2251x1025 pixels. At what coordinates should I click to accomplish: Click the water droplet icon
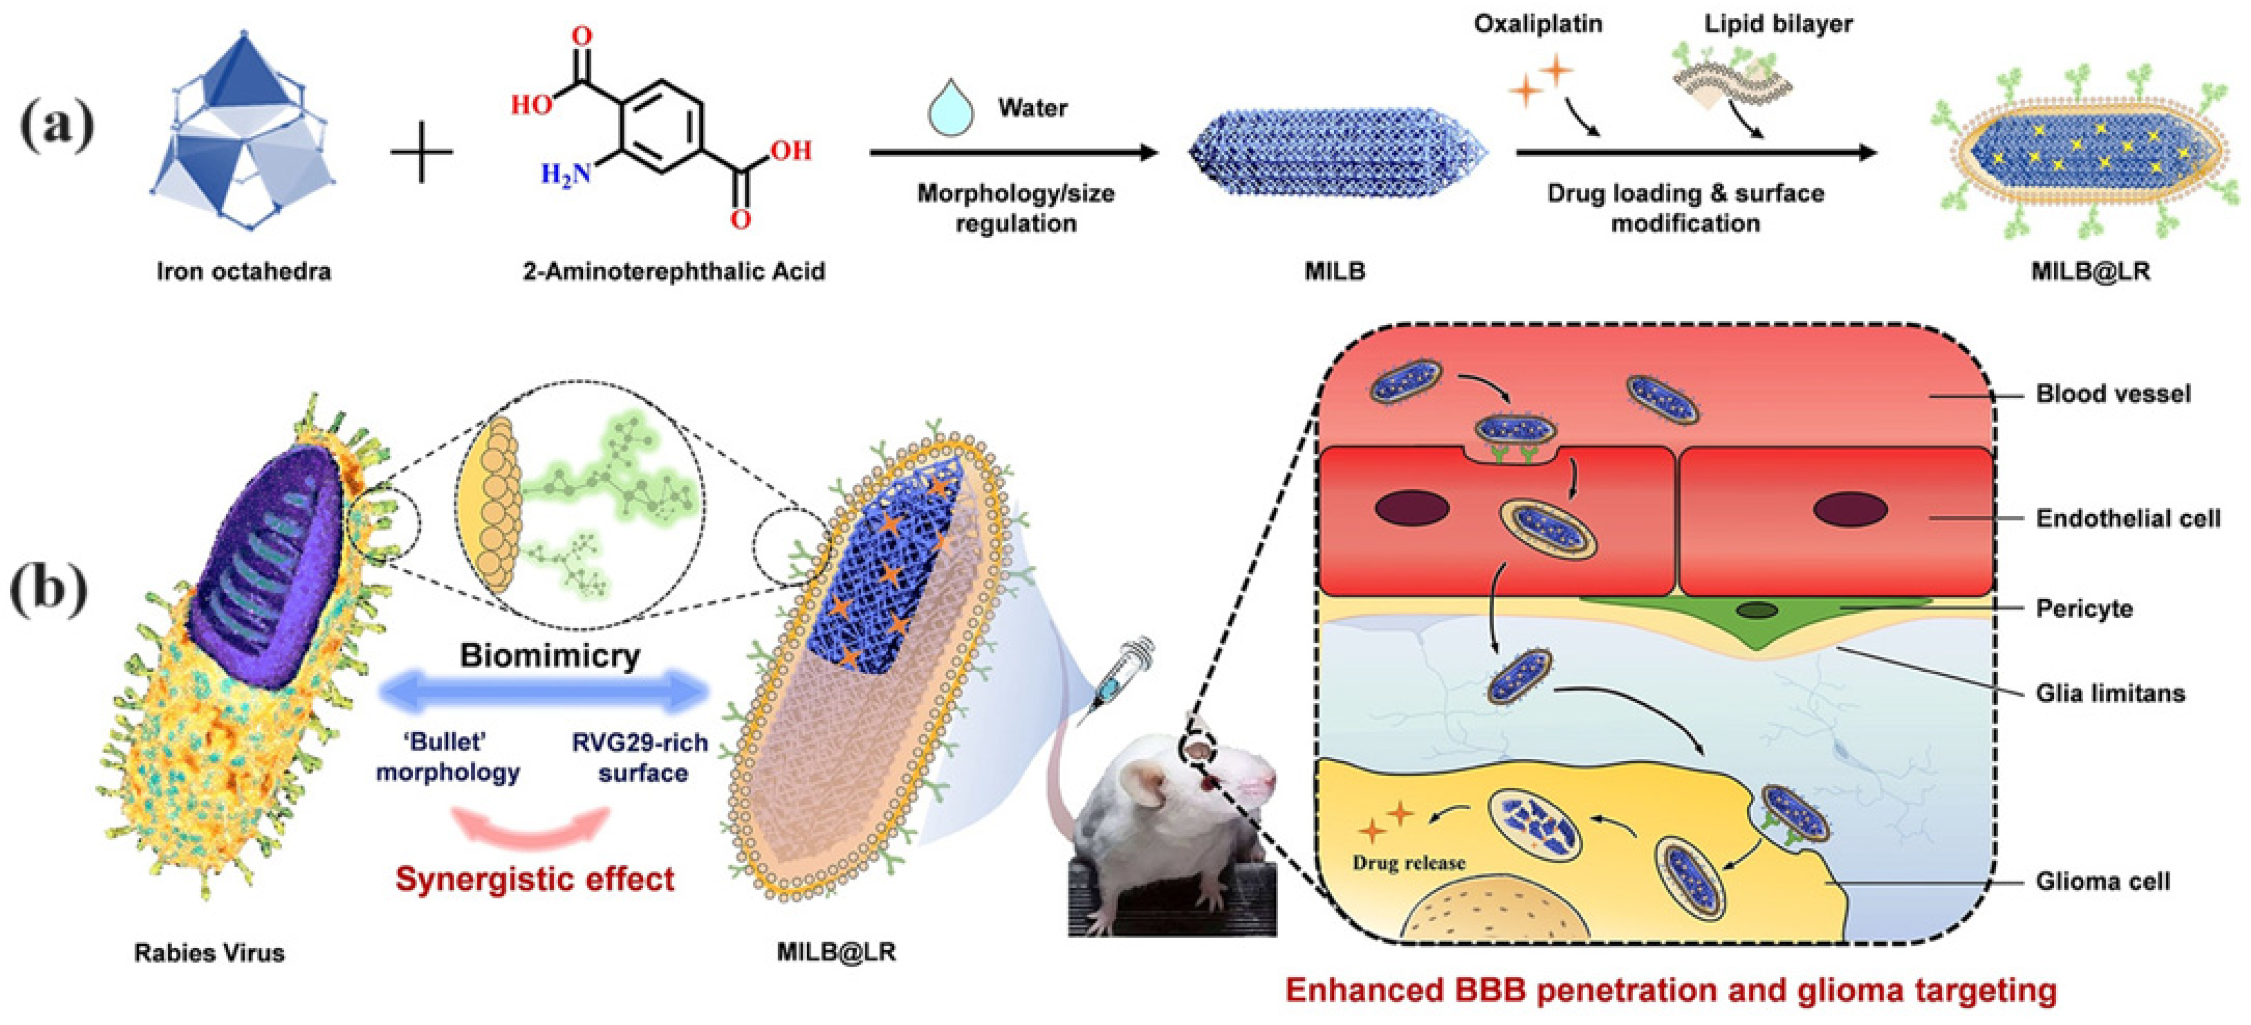(951, 109)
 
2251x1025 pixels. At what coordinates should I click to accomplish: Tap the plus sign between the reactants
(422, 152)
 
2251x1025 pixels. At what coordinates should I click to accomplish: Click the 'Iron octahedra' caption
(244, 272)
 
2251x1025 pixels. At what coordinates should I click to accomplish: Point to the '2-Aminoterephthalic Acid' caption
(674, 272)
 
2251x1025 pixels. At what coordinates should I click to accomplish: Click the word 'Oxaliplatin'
(1538, 24)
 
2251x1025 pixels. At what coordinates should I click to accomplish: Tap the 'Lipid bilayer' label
(1779, 24)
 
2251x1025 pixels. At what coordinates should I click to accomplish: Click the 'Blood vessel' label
(2113, 394)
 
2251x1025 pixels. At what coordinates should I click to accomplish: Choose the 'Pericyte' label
(2084, 608)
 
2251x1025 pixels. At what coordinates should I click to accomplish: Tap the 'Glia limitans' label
(2109, 694)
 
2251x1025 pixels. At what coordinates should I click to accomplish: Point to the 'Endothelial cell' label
(2128, 519)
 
